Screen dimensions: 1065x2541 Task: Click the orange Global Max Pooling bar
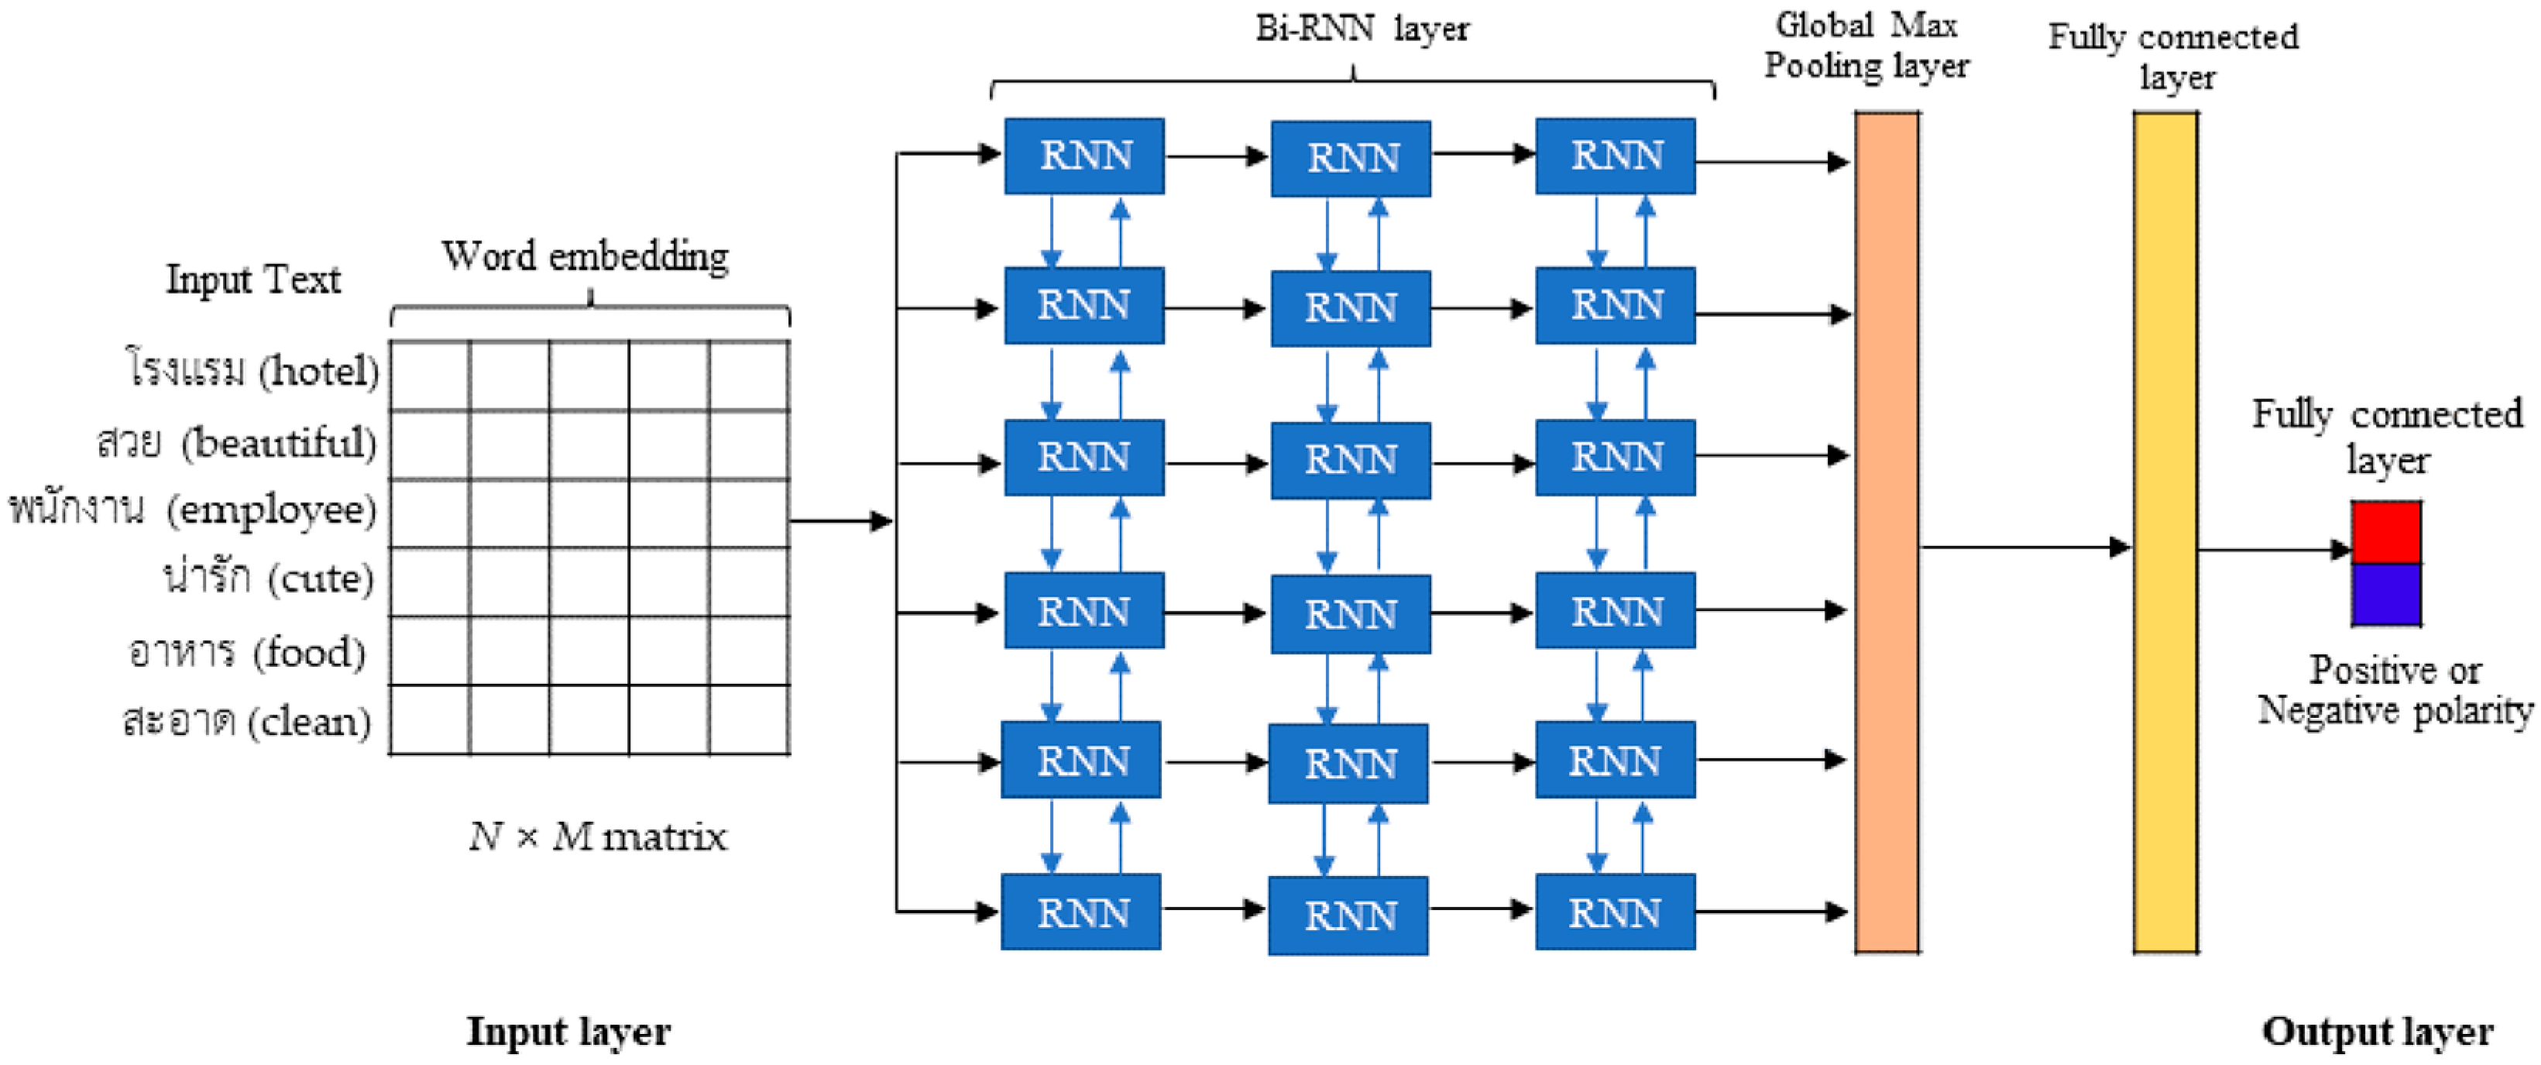tap(1886, 533)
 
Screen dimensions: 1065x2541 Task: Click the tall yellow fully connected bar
tap(2165, 533)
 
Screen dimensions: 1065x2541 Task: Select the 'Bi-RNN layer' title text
tap(1361, 29)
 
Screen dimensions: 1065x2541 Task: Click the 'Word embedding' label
tap(585, 256)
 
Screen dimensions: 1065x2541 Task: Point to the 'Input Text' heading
tap(252, 279)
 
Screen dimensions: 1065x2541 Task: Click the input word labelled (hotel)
tap(252, 371)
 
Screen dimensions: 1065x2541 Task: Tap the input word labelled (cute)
tap(268, 577)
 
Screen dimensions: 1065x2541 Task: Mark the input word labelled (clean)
tap(246, 722)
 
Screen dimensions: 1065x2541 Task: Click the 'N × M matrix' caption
tap(598, 837)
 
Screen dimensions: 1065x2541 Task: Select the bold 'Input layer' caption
tap(568, 1032)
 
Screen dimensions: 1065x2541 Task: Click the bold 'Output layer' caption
tap(2378, 1032)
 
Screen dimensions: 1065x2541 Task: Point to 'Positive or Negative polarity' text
tap(2395, 690)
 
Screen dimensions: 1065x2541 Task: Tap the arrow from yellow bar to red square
tap(2274, 549)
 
